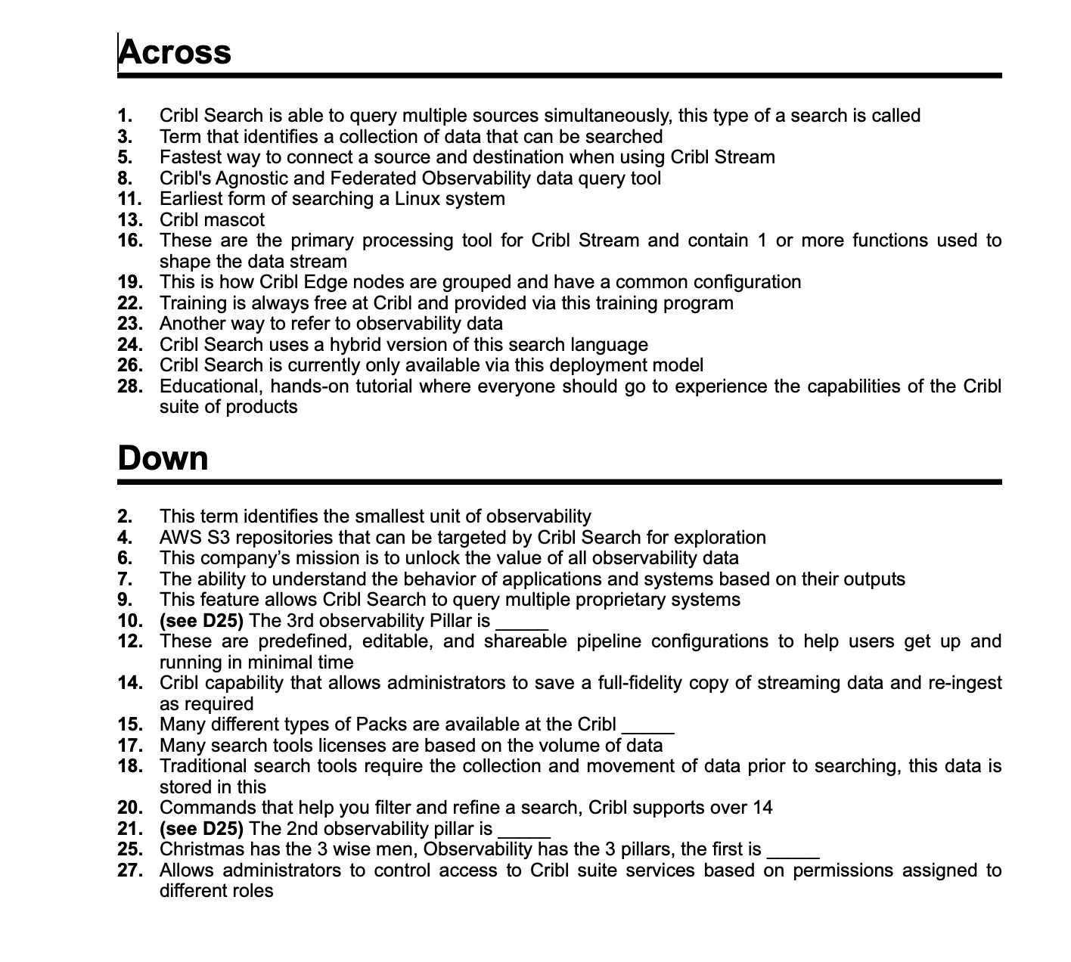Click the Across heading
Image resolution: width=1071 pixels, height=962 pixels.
pos(175,52)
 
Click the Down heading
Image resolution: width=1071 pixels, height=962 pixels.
pos(163,458)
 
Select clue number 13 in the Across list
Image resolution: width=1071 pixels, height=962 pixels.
pos(129,220)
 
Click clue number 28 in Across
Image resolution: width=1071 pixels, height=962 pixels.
pos(129,386)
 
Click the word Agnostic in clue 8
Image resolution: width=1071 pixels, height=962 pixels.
pos(255,178)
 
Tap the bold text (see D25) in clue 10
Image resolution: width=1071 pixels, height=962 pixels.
pos(201,621)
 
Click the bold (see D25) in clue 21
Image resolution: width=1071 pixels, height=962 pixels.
pos(201,829)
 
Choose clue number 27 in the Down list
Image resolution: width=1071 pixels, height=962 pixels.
pos(129,870)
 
